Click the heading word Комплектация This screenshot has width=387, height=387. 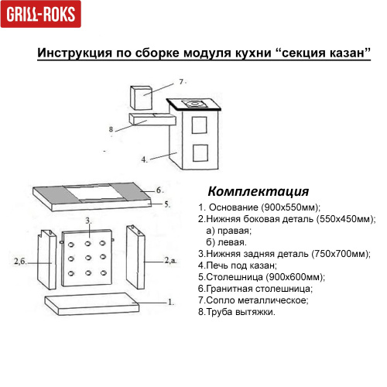[259, 191]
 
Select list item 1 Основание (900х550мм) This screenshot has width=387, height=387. [259, 207]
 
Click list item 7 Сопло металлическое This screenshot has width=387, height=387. [253, 300]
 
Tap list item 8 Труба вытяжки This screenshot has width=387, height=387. [236, 312]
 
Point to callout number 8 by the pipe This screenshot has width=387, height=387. [111, 128]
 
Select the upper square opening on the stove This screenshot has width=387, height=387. [200, 124]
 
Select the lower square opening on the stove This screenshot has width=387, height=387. [200, 151]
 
